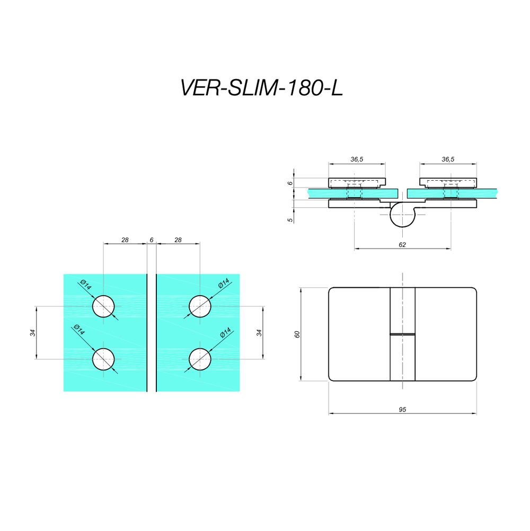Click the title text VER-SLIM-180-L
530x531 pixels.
pos(262,88)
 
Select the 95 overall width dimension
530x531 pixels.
pos(402,409)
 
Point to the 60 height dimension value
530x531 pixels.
pos(297,334)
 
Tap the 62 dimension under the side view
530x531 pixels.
pos(402,244)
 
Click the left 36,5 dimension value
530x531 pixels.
pos(357,159)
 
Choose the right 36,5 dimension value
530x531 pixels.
pos(448,159)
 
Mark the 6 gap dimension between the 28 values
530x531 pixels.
pos(152,240)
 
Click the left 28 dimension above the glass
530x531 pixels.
pos(125,240)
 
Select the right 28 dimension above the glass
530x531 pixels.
pos(178,240)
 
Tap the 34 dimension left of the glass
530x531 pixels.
pos(32,333)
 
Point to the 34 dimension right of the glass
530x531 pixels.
pos(259,333)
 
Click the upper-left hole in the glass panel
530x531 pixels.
pos(103,306)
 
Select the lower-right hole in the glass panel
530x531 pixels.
pos(200,359)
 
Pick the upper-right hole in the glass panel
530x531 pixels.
pos(200,306)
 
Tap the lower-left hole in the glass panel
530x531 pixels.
pos(103,359)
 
